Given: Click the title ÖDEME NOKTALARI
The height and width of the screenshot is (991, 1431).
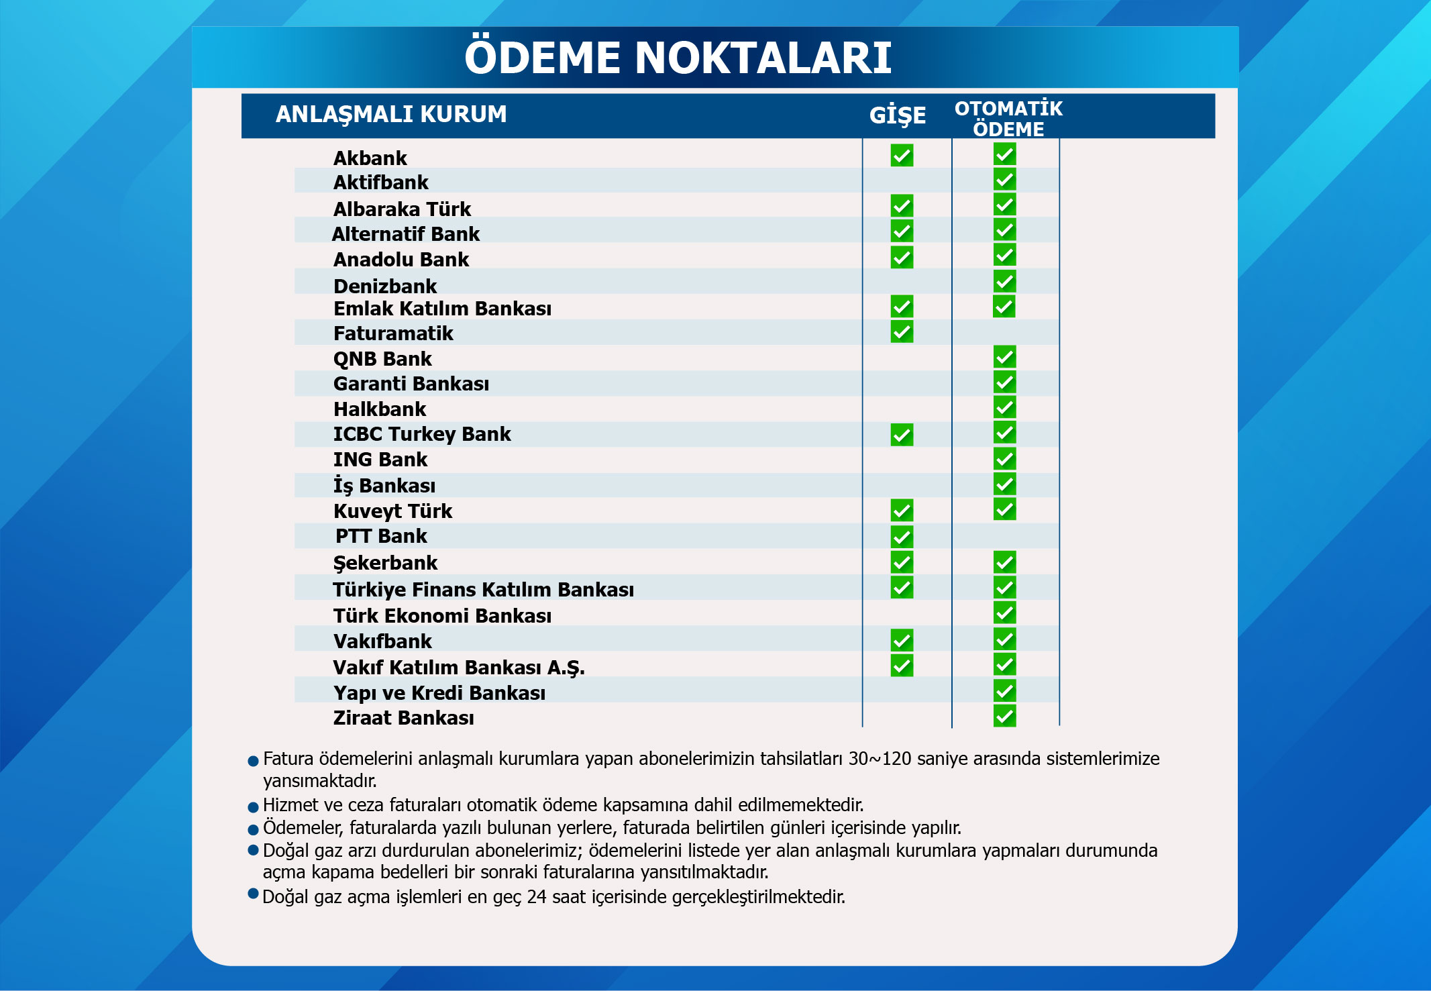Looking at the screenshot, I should click(678, 58).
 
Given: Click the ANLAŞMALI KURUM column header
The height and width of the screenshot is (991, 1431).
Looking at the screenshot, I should click(391, 115).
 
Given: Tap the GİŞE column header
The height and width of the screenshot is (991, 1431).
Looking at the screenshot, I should click(897, 115).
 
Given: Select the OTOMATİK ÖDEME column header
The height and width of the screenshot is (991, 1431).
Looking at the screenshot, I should click(1008, 118).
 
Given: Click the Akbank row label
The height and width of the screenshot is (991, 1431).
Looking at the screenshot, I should click(370, 158).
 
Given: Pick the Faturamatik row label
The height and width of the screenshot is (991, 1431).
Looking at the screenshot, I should click(393, 333).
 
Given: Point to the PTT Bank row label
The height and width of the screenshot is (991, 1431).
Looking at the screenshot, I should click(381, 536).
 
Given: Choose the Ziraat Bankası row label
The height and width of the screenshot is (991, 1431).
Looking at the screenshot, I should click(403, 718).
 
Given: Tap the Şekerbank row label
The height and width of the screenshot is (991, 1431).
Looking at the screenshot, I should click(385, 563).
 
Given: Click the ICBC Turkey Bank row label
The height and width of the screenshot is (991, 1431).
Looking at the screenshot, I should click(422, 434).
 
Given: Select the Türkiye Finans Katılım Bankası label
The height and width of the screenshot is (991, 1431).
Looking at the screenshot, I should click(483, 590).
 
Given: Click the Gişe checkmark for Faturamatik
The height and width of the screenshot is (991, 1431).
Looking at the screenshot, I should click(902, 331).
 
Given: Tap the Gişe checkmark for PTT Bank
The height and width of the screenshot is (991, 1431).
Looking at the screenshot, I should click(902, 537).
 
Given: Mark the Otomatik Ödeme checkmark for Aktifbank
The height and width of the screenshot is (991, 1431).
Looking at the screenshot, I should click(1004, 179).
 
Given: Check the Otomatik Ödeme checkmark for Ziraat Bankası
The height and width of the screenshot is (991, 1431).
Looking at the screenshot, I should click(1004, 716).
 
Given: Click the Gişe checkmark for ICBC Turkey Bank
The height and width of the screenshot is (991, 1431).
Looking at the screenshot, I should click(902, 435).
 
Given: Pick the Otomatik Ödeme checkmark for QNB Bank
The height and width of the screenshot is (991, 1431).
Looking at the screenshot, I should click(1004, 357).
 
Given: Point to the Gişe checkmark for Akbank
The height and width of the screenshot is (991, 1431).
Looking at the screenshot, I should click(902, 156).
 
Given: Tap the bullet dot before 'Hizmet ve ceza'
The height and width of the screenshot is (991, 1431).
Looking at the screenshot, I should click(254, 807).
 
